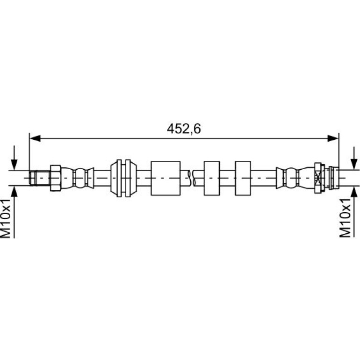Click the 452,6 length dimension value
coord(184,129)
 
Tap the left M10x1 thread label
coord(6,219)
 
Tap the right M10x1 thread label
coord(346,218)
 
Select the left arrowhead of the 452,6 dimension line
coord(36,138)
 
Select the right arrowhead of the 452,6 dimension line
coord(333,138)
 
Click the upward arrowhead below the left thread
coord(14,191)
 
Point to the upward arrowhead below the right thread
coord(354,191)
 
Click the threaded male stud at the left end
coord(39,178)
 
